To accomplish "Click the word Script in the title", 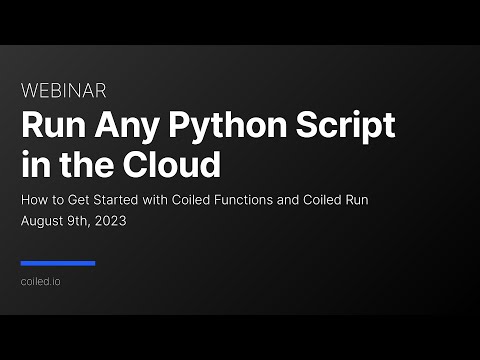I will pyautogui.click(x=347, y=127).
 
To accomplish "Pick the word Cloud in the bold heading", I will pyautogui.click(x=174, y=161).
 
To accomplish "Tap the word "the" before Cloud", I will pyautogui.click(x=89, y=161).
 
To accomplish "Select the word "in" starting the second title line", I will pyautogui.click(x=31, y=161).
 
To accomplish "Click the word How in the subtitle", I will pyautogui.click(x=33, y=200).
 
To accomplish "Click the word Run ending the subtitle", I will pyautogui.click(x=385, y=200).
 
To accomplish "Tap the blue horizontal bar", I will pyautogui.click(x=58, y=264).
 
